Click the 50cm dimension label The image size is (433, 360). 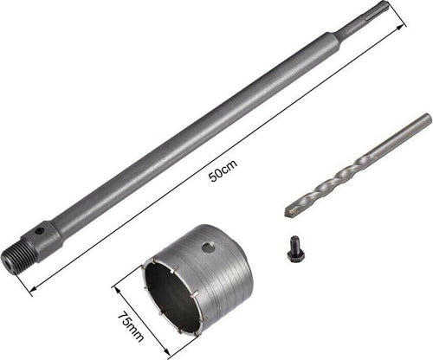pyautogui.click(x=223, y=170)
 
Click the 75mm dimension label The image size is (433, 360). pyautogui.click(x=131, y=326)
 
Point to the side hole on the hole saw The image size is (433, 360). pyautogui.click(x=207, y=247)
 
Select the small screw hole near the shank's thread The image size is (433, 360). pyautogui.click(x=39, y=230)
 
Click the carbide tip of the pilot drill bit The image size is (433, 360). pyautogui.click(x=290, y=212)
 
